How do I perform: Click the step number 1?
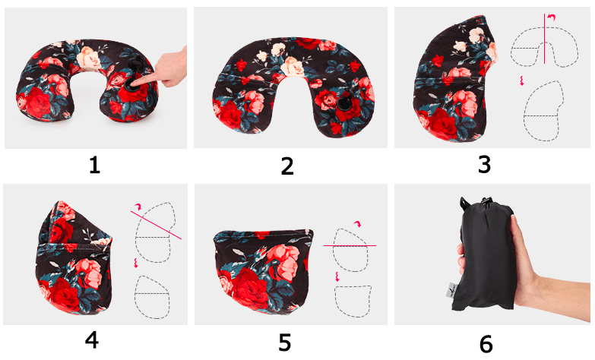94,166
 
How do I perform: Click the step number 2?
287,166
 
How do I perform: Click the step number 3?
484,165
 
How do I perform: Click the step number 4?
92,340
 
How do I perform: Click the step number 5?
285,342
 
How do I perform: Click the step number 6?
486,344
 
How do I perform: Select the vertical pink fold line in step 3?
545,39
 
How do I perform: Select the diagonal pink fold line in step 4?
156,225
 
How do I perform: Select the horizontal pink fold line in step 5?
350,246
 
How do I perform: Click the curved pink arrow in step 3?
552,17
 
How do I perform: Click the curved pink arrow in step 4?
138,206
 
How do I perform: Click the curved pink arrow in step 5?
357,223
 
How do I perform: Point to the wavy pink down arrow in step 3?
522,81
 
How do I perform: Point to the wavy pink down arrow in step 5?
337,276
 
